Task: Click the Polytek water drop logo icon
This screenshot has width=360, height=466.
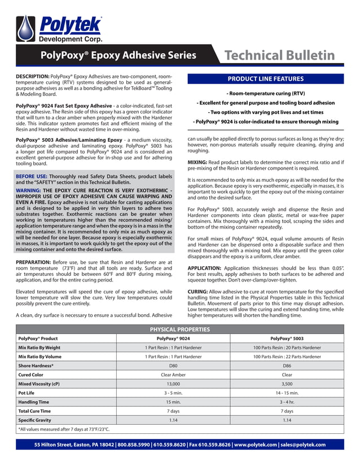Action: click(x=25, y=28)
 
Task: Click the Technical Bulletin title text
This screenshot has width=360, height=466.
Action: click(x=279, y=55)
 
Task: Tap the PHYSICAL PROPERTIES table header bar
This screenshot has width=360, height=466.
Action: click(x=180, y=329)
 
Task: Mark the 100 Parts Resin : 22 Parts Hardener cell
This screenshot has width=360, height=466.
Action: click(x=287, y=357)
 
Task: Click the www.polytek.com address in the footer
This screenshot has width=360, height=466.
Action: click(x=255, y=445)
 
